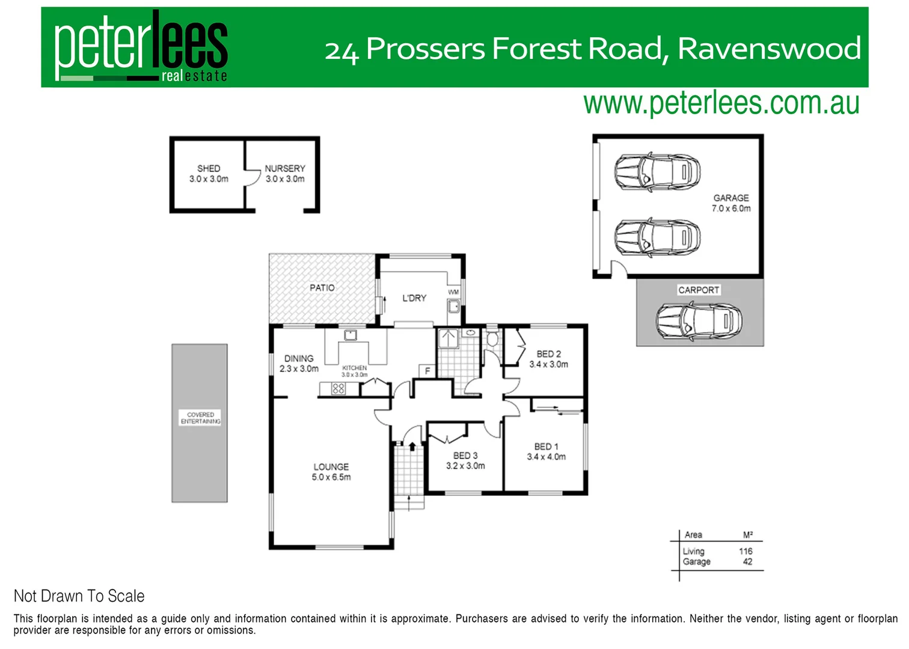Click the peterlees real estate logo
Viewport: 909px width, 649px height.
coord(141,47)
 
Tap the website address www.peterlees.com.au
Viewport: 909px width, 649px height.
coord(721,103)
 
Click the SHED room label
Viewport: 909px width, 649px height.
coord(209,173)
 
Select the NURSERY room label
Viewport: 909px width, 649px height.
coord(285,173)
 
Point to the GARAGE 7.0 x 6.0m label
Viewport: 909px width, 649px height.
coord(731,203)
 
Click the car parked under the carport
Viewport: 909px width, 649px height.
coord(699,321)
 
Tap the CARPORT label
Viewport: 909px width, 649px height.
coord(699,290)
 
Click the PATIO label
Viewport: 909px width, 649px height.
coord(322,288)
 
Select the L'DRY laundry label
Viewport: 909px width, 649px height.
coord(414,298)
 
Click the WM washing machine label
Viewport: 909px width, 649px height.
coord(453,292)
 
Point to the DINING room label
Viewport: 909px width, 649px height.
coord(299,363)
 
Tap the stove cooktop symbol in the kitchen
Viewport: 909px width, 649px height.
coord(338,389)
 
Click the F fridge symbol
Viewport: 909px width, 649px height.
coord(427,371)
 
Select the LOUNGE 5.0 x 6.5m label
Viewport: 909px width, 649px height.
coord(331,472)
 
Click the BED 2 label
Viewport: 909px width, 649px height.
coord(548,359)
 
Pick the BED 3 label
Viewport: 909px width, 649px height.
coord(465,460)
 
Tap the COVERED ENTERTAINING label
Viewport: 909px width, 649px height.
coord(200,418)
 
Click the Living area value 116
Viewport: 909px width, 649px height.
coord(745,551)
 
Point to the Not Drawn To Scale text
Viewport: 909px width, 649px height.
coord(79,596)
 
